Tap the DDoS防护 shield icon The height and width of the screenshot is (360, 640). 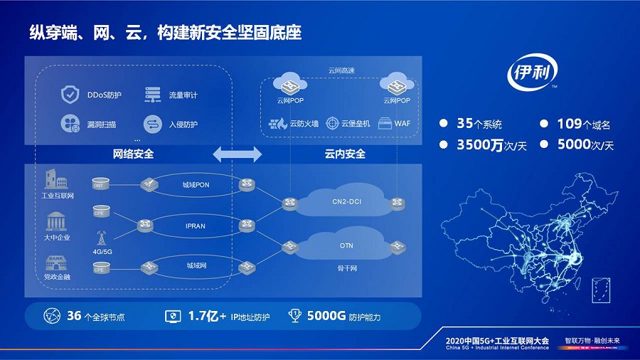tap(70, 94)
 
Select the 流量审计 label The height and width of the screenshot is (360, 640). tap(183, 95)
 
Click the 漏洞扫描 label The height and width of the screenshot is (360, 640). tap(102, 125)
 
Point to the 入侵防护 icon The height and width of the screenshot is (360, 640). tap(152, 124)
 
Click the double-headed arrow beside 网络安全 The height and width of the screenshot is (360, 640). tap(238, 153)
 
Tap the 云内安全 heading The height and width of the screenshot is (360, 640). tap(345, 154)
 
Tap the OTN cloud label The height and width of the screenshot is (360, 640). tap(346, 245)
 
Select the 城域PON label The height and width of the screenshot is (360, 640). tap(196, 185)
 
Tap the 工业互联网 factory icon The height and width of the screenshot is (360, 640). tap(57, 179)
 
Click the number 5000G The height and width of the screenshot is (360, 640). tap(327, 316)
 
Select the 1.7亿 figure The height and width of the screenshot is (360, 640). tap(204, 316)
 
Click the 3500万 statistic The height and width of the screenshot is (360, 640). tap(480, 144)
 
